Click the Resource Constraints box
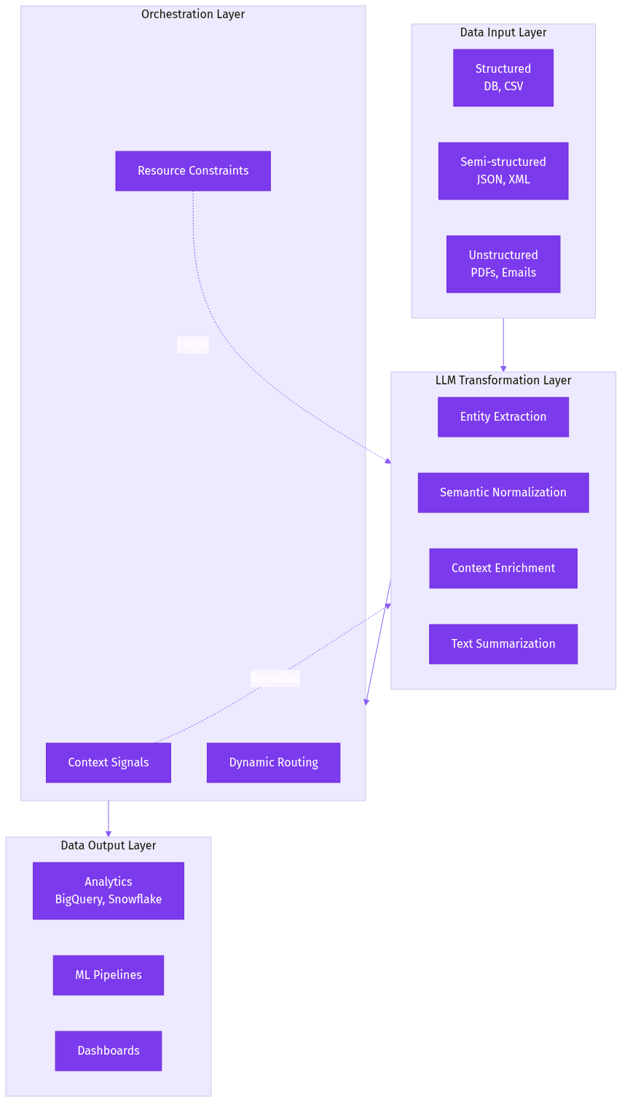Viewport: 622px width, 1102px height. tap(193, 171)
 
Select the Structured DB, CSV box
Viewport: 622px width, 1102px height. tap(503, 78)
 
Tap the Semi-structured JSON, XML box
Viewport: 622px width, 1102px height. tap(503, 171)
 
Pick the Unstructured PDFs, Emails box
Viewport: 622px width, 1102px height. tap(503, 264)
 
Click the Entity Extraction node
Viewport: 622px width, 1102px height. tap(503, 417)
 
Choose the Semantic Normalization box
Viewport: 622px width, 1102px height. tap(503, 493)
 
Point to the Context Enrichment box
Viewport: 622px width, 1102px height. tap(503, 568)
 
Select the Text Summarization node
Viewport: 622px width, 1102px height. tap(503, 644)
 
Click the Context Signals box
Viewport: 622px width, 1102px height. tap(109, 763)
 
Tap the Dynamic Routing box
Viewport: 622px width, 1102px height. tap(273, 763)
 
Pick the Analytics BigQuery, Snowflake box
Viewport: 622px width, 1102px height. tap(109, 891)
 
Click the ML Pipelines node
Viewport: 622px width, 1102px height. tap(109, 975)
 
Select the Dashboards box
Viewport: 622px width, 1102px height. tap(109, 1051)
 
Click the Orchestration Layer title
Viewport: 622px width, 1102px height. tap(193, 15)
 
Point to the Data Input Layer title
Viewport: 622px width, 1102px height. tap(503, 33)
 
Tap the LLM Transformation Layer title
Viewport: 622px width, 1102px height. tap(503, 381)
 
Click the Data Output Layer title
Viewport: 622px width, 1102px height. tap(109, 846)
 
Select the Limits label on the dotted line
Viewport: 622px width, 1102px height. tap(193, 345)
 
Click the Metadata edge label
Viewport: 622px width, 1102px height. tap(275, 678)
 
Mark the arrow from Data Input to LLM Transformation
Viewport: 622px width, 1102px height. tap(503, 346)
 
